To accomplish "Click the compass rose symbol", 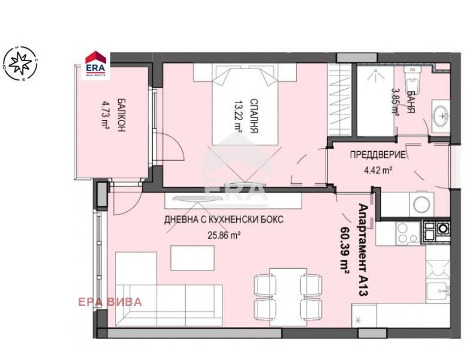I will (20, 63).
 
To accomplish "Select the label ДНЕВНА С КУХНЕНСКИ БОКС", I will (224, 220).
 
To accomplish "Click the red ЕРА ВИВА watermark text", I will (110, 302).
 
